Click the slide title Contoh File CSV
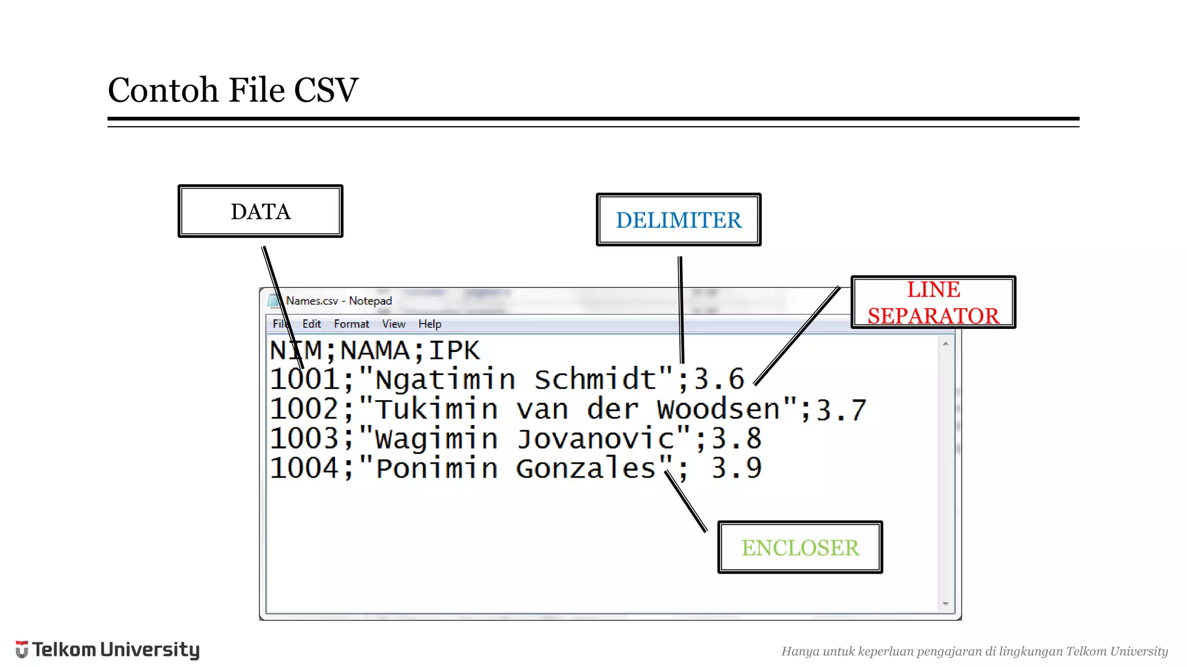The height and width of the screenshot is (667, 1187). click(233, 90)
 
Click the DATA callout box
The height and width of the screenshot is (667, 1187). click(260, 211)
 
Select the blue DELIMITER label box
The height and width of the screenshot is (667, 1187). click(678, 220)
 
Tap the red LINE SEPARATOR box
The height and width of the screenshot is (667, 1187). click(933, 302)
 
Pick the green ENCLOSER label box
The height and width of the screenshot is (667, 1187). click(800, 547)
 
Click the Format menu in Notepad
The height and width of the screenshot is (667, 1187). click(351, 324)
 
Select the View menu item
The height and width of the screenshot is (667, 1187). click(394, 324)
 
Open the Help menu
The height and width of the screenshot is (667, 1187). click(429, 324)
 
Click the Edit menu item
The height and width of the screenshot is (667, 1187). click(311, 324)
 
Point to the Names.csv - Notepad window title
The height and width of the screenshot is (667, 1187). click(338, 301)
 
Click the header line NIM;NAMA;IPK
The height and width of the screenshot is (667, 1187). click(374, 351)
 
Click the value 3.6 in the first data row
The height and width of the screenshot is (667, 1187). click(719, 380)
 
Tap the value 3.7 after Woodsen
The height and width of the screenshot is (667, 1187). click(841, 410)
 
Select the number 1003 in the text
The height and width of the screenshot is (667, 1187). click(304, 439)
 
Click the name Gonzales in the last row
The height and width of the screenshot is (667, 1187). click(585, 468)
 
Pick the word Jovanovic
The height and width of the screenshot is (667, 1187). click(596, 439)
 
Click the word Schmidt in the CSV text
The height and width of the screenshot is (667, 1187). click(595, 380)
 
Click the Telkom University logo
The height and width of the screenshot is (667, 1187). click(108, 650)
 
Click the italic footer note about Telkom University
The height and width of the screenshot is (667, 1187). click(974, 651)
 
